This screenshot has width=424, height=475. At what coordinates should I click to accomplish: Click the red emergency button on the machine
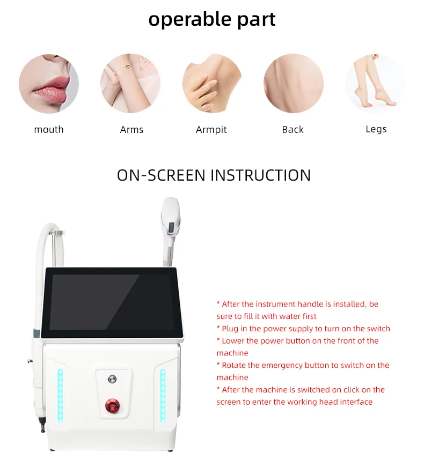click(112, 406)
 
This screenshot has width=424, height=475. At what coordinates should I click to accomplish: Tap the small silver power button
click(112, 378)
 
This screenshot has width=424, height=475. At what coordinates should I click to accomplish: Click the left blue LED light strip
click(60, 396)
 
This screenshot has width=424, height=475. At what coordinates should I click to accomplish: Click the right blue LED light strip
click(163, 396)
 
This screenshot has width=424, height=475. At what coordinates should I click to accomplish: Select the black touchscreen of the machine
click(112, 302)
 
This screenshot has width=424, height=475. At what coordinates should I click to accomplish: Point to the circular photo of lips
click(49, 84)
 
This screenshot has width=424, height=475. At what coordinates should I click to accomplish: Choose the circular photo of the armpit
click(212, 83)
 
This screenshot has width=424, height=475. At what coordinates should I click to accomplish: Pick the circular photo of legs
click(375, 84)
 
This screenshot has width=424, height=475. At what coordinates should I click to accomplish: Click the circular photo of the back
click(293, 83)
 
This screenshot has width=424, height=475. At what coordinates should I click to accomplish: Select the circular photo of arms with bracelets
click(130, 83)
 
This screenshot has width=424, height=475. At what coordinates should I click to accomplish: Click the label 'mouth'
click(49, 130)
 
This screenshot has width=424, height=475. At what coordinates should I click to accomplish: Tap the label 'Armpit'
click(211, 130)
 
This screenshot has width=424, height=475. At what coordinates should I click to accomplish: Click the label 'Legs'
click(376, 129)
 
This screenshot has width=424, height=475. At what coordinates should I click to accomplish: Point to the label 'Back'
click(293, 130)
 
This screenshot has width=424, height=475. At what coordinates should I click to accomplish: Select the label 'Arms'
click(131, 130)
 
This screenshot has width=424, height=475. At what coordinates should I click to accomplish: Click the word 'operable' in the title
click(190, 20)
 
